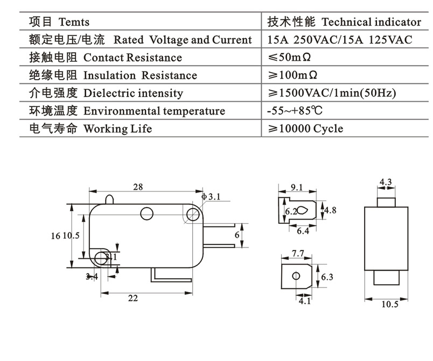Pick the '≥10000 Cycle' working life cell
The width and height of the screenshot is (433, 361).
[x=305, y=129]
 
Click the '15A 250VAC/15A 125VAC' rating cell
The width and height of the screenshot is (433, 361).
[x=340, y=39]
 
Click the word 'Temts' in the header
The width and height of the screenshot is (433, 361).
[x=74, y=22]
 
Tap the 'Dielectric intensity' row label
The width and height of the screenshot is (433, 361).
[x=133, y=93]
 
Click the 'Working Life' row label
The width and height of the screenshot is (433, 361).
[x=117, y=129]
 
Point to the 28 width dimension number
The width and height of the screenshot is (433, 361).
[x=138, y=187]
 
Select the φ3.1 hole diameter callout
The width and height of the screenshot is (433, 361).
[x=211, y=197]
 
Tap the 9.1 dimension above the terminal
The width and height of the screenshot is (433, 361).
[x=297, y=188]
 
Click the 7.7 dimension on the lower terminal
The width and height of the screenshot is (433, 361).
[x=297, y=253]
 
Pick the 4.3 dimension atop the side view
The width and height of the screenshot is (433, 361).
[x=386, y=182]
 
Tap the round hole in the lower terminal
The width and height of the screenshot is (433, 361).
[x=296, y=276]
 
